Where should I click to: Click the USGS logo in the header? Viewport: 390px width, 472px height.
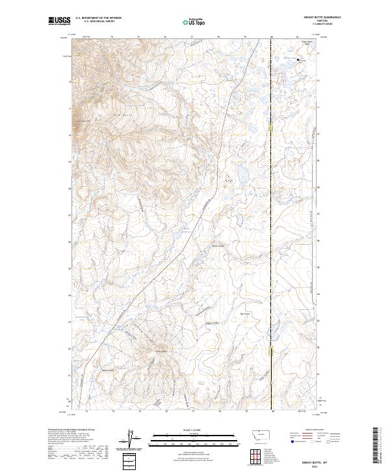[59, 21]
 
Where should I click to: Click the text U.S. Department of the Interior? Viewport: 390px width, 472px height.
[98, 19]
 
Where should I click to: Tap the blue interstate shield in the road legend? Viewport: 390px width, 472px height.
[290, 440]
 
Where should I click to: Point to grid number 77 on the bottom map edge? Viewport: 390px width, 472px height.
[193, 411]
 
